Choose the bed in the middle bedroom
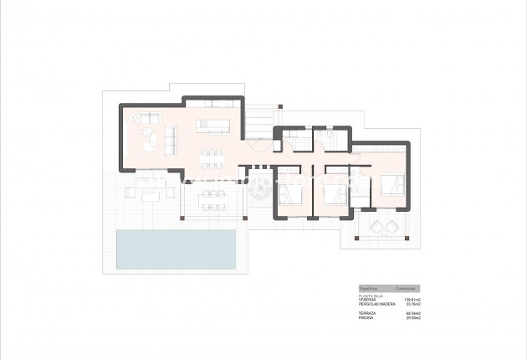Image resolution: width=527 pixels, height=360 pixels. click(335, 193)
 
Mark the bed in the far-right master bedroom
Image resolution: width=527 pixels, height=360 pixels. click(391, 185)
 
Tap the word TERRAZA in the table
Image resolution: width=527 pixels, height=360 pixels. click(366, 312)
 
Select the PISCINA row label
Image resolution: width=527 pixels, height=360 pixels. click(366, 317)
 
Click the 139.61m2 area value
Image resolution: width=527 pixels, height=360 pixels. click(412, 299)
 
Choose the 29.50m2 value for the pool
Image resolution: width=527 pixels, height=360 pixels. click(412, 317)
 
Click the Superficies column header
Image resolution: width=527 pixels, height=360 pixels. click(368, 287)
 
